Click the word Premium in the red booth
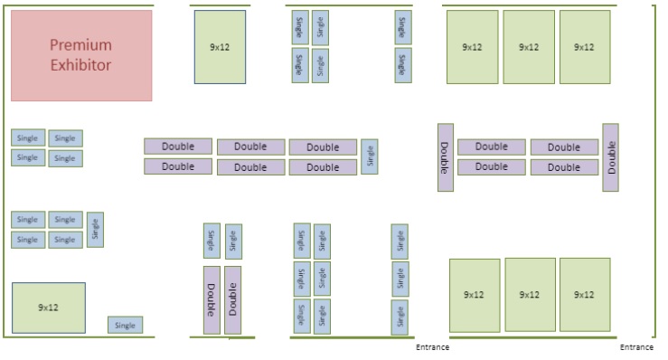tap(80, 45)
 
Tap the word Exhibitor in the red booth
tap(80, 65)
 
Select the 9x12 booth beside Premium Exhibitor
tap(220, 47)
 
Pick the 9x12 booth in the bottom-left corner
tap(49, 308)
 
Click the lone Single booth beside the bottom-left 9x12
tap(125, 325)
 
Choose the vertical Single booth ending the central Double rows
tap(370, 156)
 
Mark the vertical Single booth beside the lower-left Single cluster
tap(95, 229)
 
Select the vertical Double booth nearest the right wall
tap(610, 157)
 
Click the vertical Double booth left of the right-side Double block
tap(446, 157)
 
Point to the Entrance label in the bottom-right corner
tap(636, 347)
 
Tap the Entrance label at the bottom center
tap(432, 347)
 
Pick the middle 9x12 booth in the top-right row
tap(529, 47)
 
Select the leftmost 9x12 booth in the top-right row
tap(472, 47)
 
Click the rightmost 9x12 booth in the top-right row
tap(585, 47)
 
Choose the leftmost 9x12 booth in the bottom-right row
tap(474, 295)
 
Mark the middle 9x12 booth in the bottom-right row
tap(530, 295)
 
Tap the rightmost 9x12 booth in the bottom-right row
tap(585, 295)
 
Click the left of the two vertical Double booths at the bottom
tap(212, 300)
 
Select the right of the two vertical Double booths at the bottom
tap(233, 300)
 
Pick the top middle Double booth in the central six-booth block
tap(250, 147)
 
